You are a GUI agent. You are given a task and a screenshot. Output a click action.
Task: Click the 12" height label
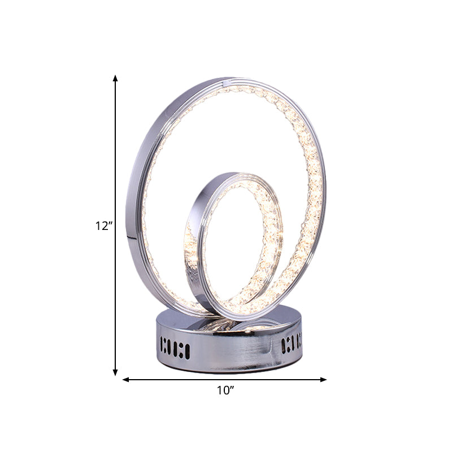pyautogui.click(x=104, y=227)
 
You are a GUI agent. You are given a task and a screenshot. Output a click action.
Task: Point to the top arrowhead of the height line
pyautogui.click(x=116, y=78)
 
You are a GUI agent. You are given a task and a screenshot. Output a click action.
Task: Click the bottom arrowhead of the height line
pyautogui.click(x=116, y=372)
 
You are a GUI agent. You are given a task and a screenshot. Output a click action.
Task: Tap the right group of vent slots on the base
pyautogui.click(x=291, y=344)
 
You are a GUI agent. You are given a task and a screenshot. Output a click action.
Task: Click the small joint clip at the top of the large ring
pyautogui.click(x=224, y=83)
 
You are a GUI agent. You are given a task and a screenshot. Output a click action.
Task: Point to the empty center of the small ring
pyautogui.click(x=232, y=243)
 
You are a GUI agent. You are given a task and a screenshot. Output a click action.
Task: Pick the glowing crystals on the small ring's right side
pyautogui.click(x=271, y=237)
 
